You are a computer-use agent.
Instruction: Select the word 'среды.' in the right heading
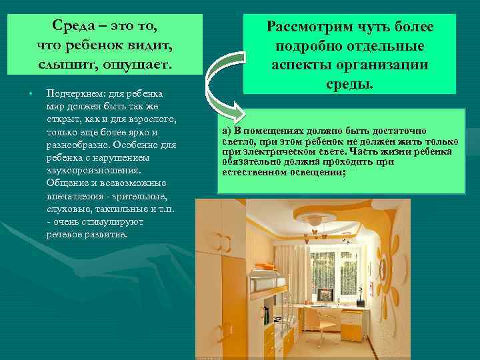pyautogui.click(x=349, y=86)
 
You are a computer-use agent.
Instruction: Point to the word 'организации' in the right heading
pyautogui.click(x=391, y=67)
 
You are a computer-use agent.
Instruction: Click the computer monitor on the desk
pyautogui.click(x=325, y=292)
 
